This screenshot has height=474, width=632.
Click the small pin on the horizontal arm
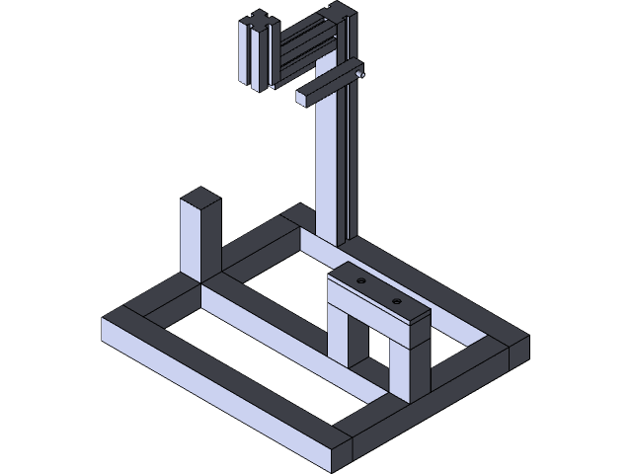tap(359, 73)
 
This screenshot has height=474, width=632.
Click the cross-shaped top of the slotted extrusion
tap(259, 21)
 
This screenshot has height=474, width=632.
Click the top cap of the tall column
tap(342, 10)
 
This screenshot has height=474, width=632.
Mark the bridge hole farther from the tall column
tap(396, 299)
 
